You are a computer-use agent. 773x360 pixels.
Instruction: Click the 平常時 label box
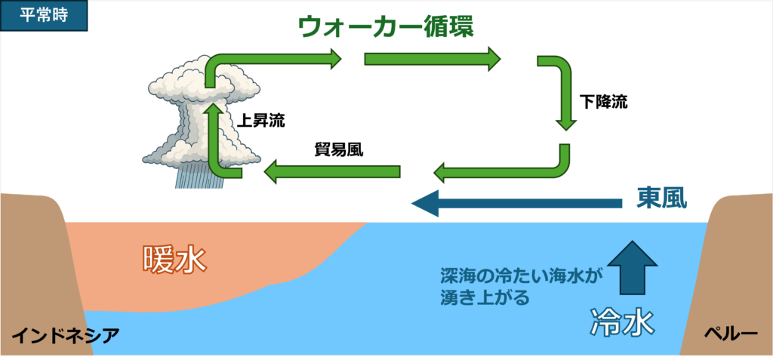click(x=44, y=15)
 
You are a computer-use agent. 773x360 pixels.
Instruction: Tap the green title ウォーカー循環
click(x=386, y=28)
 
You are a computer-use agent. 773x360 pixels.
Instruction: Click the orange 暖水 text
click(x=174, y=260)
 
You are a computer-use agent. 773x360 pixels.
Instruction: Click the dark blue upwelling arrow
click(x=633, y=267)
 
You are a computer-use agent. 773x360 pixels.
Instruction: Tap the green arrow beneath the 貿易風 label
click(x=332, y=172)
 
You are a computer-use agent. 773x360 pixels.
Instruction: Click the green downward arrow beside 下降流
click(x=561, y=94)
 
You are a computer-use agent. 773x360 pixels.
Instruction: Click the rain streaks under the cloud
click(x=199, y=177)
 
